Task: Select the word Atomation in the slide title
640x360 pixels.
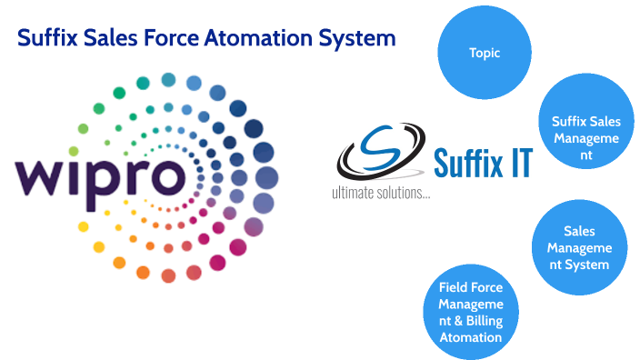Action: [x=273, y=38]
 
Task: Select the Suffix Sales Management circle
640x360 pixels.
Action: [x=585, y=137]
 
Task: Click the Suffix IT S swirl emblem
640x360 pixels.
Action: [x=375, y=155]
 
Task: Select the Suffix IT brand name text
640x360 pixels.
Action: [x=483, y=163]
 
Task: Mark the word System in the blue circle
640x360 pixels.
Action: [x=585, y=265]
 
